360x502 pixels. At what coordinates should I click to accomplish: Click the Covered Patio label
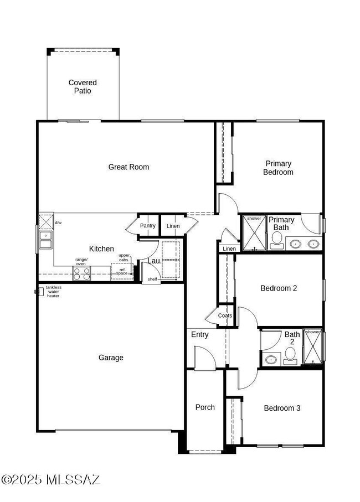tap(83, 87)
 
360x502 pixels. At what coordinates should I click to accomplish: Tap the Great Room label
tap(128, 167)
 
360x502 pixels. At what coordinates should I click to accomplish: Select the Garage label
tap(111, 358)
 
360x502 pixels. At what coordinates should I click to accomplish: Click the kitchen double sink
tap(46, 240)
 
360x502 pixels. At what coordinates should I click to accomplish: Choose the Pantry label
tap(148, 226)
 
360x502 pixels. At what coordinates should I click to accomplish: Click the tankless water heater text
tap(53, 292)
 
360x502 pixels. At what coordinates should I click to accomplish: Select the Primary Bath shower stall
tap(254, 232)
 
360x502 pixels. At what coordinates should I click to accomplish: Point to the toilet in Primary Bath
tap(277, 240)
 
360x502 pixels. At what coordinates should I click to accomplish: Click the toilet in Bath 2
tap(290, 356)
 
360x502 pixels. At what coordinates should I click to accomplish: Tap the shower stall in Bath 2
tap(312, 346)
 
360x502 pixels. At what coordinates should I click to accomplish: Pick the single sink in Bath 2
tap(271, 359)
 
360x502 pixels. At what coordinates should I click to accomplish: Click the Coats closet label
tap(225, 315)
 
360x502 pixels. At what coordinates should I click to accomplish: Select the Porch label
tap(205, 407)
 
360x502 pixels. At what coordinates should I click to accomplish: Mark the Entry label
tap(199, 335)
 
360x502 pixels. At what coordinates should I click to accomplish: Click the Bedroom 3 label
tap(282, 408)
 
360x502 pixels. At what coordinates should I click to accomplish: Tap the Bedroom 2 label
tap(279, 288)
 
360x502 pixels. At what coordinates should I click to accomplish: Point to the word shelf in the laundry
tap(152, 279)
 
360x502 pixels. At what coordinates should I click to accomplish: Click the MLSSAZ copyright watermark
tap(50, 480)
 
